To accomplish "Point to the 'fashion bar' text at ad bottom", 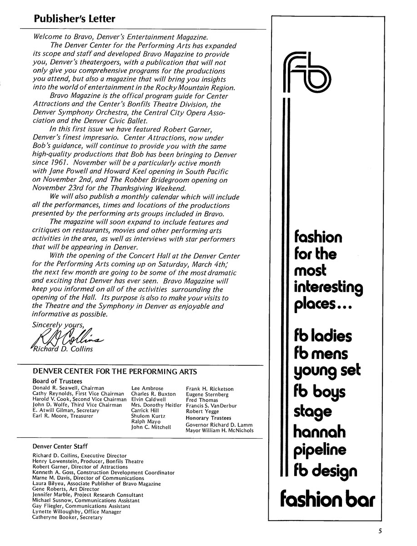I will pyautogui.click(x=327, y=498).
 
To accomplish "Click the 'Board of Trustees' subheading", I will pyautogui.click(x=57, y=381).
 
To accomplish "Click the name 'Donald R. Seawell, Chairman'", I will pyautogui.click(x=68, y=388).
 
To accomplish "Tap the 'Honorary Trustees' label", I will pyautogui.click(x=208, y=418).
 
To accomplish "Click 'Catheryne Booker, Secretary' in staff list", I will pyautogui.click(x=67, y=517).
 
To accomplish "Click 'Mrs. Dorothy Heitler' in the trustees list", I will pyautogui.click(x=156, y=405).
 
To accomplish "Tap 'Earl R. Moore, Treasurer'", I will pyautogui.click(x=63, y=416).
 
